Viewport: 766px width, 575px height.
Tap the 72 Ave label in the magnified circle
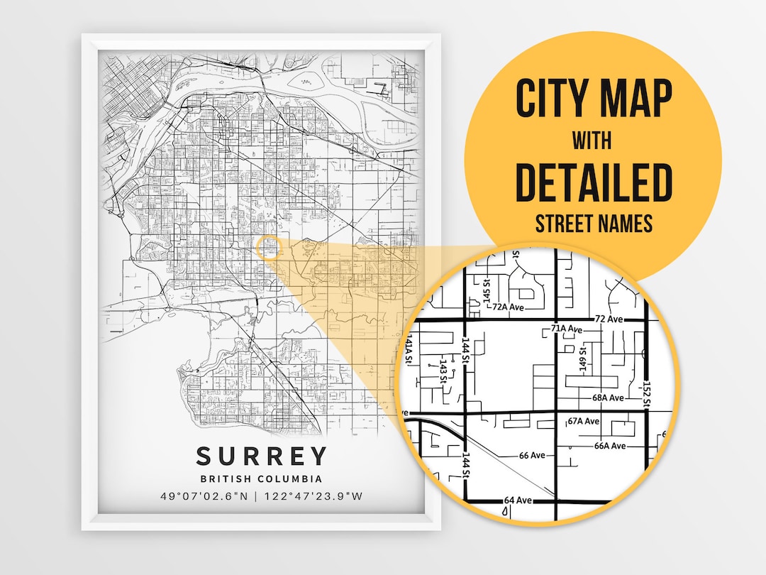(610, 319)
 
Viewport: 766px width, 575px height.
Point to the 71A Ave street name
(567, 329)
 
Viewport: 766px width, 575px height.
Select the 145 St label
(487, 297)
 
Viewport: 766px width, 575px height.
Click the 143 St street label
(443, 370)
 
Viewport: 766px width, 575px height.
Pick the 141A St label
(409, 349)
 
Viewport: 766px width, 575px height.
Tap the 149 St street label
(583, 359)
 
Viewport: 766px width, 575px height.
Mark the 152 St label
(647, 393)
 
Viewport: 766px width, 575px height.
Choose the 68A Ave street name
(608, 398)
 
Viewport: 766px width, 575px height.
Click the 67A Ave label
(584, 421)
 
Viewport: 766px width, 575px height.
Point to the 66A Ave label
(610, 446)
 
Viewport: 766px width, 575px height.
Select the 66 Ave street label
(532, 455)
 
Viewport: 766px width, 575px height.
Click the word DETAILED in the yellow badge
(593, 182)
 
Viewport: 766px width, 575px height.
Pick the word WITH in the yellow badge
(593, 140)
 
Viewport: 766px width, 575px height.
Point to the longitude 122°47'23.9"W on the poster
(311, 496)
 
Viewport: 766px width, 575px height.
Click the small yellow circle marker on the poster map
(268, 247)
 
